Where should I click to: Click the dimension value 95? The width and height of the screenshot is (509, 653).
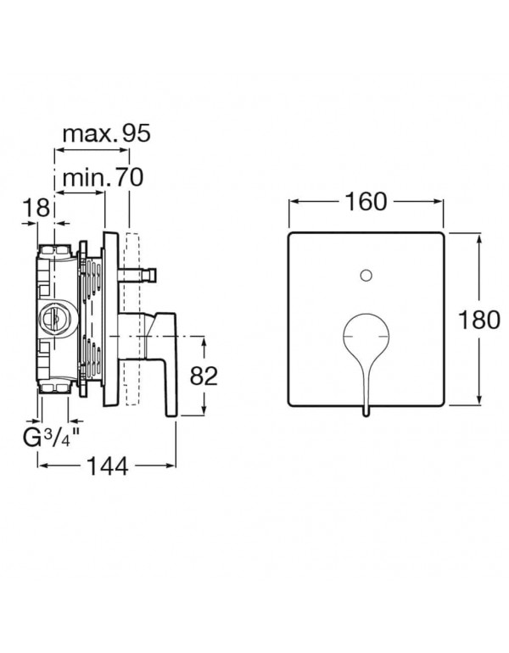pos(136,133)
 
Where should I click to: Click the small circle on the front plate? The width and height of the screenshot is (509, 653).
pos(366,275)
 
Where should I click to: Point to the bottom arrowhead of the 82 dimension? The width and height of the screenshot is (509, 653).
pos(204,410)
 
